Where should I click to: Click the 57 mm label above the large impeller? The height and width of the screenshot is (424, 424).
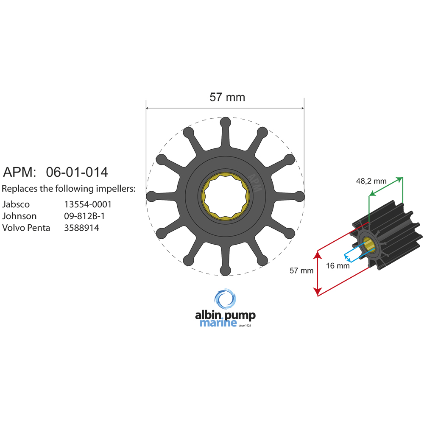[227, 97]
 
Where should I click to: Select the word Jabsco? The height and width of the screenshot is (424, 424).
[16, 204]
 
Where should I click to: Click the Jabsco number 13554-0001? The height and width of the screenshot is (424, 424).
[88, 204]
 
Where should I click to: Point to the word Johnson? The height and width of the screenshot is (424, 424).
[20, 216]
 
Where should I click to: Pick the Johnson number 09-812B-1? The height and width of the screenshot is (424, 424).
[84, 216]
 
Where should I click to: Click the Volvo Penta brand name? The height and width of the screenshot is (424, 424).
[26, 228]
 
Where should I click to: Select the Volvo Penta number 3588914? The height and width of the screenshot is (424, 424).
[81, 228]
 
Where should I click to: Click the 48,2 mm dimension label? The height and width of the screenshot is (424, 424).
[371, 181]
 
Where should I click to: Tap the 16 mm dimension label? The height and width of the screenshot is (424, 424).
[338, 266]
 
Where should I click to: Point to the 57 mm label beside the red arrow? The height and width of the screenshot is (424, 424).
[301, 271]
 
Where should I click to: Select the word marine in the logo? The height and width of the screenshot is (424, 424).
[218, 324]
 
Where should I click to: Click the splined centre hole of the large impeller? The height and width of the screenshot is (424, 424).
[225, 196]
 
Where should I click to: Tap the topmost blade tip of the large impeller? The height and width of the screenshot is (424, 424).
[225, 123]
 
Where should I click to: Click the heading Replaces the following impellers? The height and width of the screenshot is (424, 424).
[69, 189]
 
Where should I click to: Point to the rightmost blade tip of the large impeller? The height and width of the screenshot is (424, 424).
[299, 196]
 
